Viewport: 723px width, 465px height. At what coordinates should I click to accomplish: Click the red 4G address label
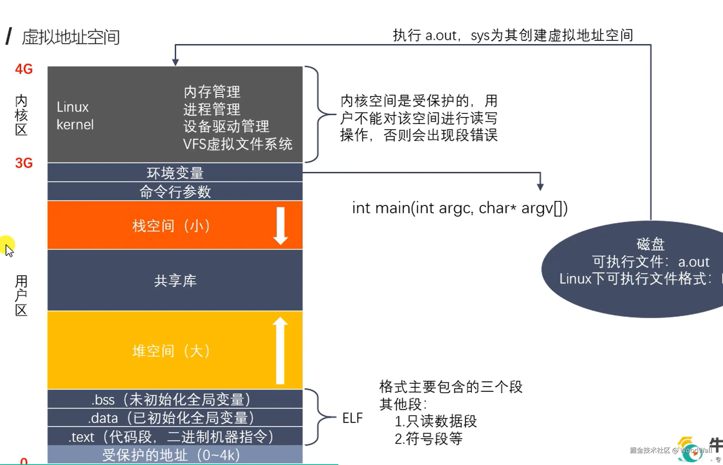(24, 69)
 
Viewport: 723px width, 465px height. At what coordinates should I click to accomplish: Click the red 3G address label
(24, 163)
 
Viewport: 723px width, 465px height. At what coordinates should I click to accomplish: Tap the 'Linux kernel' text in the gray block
(75, 116)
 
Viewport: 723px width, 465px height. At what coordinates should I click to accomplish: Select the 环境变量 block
(175, 173)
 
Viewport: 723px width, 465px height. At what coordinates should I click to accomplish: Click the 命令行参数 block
(175, 191)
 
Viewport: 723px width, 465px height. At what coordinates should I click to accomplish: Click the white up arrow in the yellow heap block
(280, 350)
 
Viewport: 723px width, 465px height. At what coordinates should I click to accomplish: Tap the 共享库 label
(175, 281)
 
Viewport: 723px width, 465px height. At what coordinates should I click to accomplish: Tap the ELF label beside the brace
(352, 418)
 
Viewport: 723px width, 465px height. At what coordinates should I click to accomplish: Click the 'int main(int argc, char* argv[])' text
(460, 208)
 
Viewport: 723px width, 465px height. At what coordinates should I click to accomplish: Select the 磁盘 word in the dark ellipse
(650, 244)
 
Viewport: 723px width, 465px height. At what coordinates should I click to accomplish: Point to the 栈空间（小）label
(171, 226)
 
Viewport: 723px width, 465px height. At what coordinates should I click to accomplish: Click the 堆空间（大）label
(171, 351)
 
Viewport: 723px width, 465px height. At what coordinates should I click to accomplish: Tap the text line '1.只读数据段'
(436, 421)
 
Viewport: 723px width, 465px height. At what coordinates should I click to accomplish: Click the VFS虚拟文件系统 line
(237, 144)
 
